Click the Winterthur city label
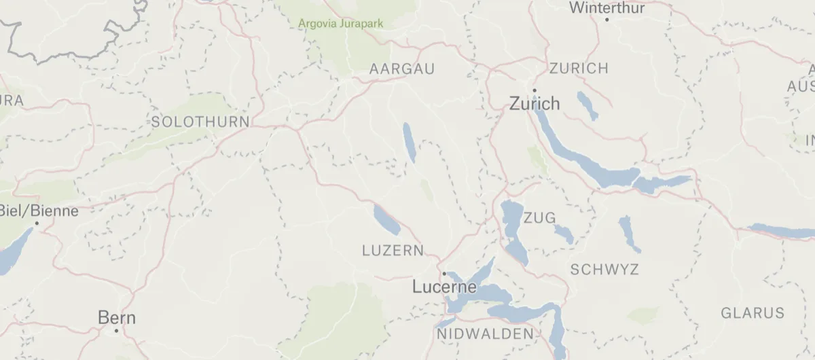(606, 7)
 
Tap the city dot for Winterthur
(606, 19)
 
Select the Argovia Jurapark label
(341, 24)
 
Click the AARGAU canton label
(401, 69)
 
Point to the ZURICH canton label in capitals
(579, 69)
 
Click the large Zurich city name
(535, 104)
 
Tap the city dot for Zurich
(535, 90)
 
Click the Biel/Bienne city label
(39, 211)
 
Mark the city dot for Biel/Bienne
(37, 223)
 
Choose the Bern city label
(117, 317)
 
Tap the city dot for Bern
(116, 331)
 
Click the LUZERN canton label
(393, 250)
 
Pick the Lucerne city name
(444, 287)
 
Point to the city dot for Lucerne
(444, 274)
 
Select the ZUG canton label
(540, 218)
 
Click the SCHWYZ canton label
(604, 270)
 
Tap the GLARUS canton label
(753, 313)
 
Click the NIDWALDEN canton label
(485, 334)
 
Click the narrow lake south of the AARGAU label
(409, 143)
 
